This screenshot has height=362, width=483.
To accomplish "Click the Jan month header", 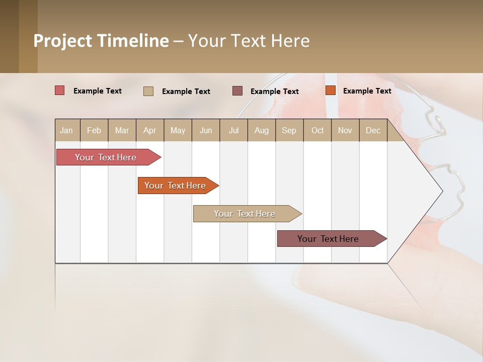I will [x=67, y=130].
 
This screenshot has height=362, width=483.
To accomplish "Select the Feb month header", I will [x=94, y=130].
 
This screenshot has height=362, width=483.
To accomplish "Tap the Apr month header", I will [x=150, y=130].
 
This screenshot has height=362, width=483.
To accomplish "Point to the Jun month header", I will [x=206, y=130].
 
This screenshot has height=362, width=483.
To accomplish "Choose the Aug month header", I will [x=262, y=130].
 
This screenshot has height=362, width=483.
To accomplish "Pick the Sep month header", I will [x=289, y=130].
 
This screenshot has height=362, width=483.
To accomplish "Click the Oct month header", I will [x=317, y=130].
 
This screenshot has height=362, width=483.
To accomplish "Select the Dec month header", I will [x=373, y=130].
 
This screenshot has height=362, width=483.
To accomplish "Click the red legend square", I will [x=59, y=90].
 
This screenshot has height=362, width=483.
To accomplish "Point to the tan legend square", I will [x=148, y=91].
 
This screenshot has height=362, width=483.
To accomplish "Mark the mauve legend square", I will [x=237, y=90].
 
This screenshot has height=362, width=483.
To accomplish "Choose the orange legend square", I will [x=330, y=90].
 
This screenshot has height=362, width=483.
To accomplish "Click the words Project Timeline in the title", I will [x=101, y=41].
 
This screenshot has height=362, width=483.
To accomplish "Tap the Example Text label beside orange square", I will [x=367, y=90].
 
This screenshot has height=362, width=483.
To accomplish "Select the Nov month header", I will [x=345, y=130].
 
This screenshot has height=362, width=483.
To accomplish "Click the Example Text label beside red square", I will [x=97, y=90].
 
